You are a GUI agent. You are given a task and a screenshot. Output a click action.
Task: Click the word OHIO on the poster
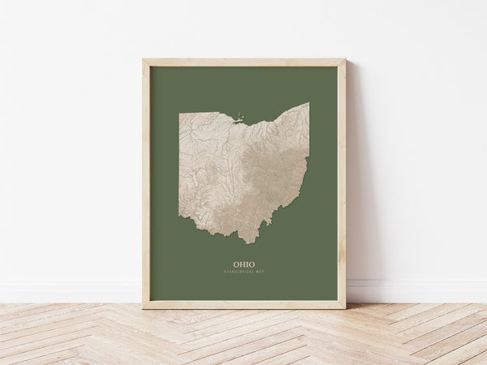pyautogui.click(x=243, y=264)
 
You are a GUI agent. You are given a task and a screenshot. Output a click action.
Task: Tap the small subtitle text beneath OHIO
pyautogui.click(x=243, y=272)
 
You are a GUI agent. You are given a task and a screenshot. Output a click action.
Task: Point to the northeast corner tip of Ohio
pyautogui.click(x=308, y=103)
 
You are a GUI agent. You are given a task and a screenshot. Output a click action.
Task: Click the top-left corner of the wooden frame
pyautogui.click(x=144, y=60)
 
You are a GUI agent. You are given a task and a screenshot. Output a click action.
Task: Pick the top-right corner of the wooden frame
pyautogui.click(x=344, y=60)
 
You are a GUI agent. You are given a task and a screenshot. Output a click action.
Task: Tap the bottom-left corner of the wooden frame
pyautogui.click(x=144, y=307)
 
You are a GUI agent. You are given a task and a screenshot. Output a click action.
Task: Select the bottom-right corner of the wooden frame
pyautogui.click(x=344, y=307)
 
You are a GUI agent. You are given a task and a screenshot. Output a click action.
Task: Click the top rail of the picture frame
pyautogui.click(x=243, y=62)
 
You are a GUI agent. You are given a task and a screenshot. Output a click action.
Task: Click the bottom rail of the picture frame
pyautogui.click(x=243, y=305)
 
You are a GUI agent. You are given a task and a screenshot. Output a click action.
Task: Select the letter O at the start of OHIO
pyautogui.click(x=236, y=264)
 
